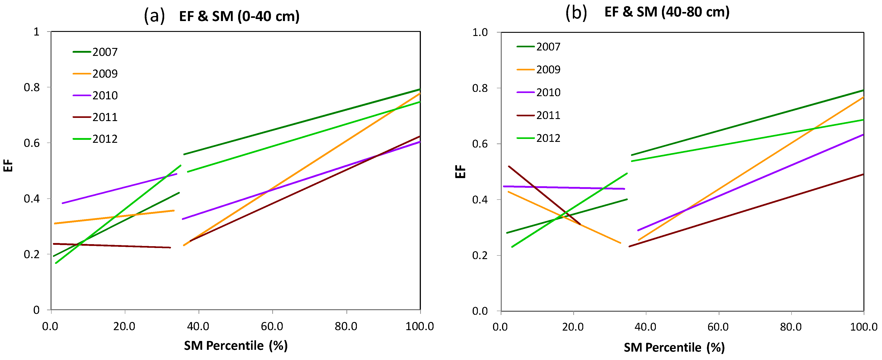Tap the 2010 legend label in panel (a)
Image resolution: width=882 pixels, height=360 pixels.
tap(105, 95)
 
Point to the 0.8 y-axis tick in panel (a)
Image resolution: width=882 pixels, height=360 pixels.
tap(31, 87)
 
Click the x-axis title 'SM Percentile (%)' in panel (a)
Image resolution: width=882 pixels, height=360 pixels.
tap(236, 345)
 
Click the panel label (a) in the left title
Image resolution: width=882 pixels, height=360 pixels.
tap(154, 16)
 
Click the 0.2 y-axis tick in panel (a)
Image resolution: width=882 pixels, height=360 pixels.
tap(31, 254)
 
